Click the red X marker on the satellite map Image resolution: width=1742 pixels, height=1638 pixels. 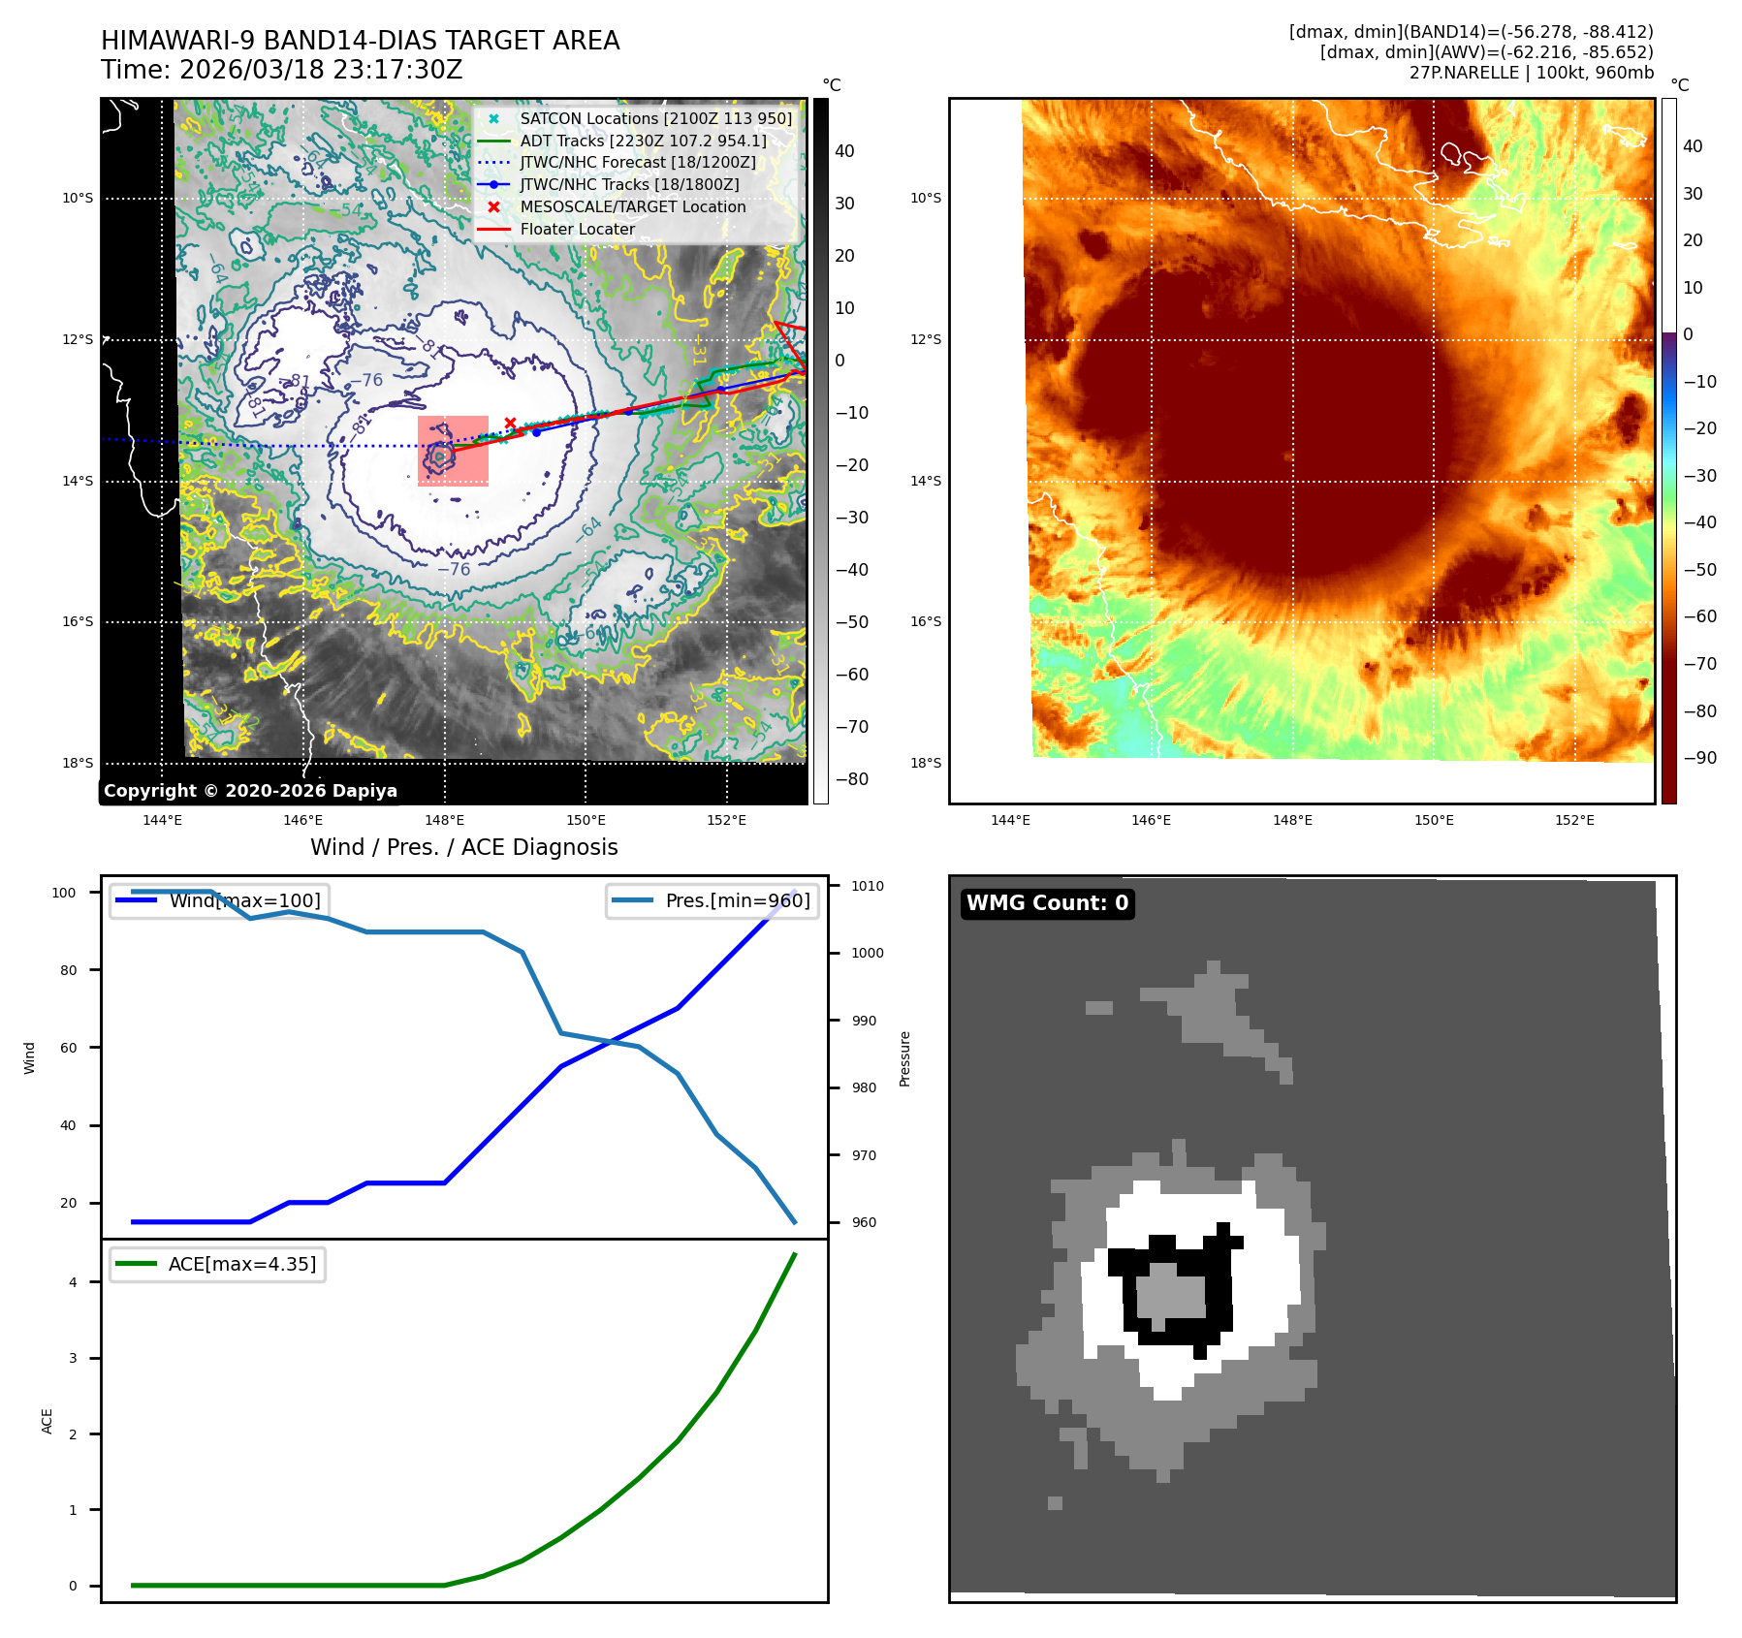point(510,424)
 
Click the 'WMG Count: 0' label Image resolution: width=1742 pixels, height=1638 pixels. point(1047,903)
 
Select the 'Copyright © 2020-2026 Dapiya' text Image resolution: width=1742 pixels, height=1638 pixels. point(250,791)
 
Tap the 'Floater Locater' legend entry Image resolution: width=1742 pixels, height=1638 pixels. point(577,230)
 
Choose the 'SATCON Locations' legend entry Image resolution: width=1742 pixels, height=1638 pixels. point(655,118)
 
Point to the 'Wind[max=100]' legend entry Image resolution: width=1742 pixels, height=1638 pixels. point(244,900)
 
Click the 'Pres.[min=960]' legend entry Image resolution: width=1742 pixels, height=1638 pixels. point(737,900)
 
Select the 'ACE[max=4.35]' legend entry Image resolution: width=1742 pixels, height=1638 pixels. point(241,1265)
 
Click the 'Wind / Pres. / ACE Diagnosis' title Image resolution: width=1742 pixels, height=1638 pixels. point(463,847)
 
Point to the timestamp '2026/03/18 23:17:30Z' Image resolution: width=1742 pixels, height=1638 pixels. point(321,71)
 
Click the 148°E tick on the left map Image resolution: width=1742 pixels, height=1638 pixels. point(445,821)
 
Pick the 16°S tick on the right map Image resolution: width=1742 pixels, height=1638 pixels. point(926,622)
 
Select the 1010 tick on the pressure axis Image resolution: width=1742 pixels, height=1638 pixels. point(868,886)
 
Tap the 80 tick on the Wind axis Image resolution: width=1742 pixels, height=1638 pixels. point(68,970)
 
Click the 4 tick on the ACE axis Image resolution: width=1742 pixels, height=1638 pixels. point(73,1282)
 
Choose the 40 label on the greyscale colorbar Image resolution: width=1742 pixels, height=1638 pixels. point(844,151)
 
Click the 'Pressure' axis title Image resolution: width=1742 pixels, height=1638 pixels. point(904,1058)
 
